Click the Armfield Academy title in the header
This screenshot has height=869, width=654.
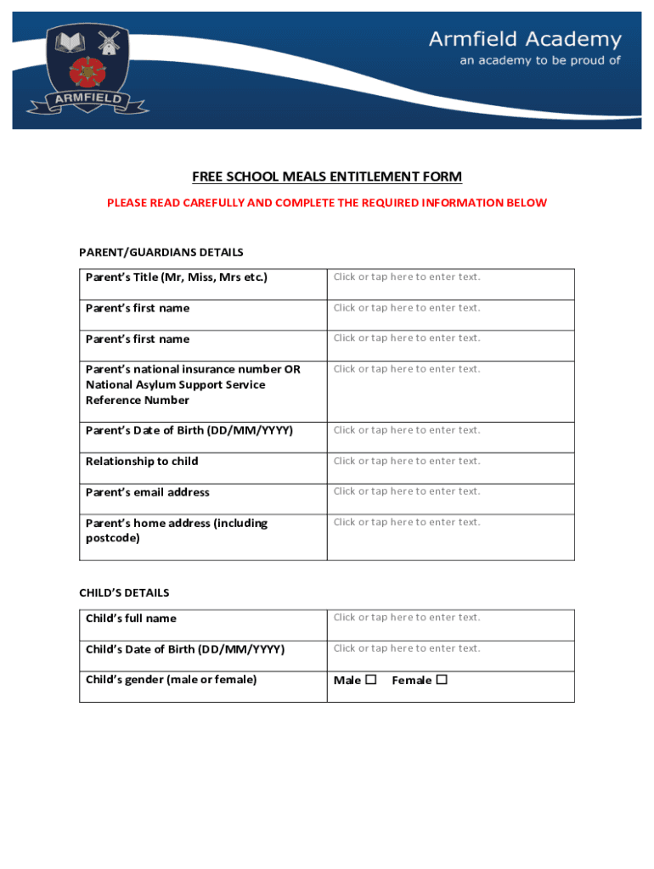coord(525,39)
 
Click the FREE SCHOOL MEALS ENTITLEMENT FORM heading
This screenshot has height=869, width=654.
coord(327,177)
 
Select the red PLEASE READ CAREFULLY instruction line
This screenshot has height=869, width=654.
coord(327,203)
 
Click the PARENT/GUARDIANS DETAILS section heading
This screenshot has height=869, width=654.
coord(161,252)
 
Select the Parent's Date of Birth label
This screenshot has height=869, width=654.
coord(189,430)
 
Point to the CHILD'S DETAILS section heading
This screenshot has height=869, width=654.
coord(124,592)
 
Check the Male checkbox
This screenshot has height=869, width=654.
coord(370,680)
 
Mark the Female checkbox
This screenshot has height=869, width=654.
coord(442,680)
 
